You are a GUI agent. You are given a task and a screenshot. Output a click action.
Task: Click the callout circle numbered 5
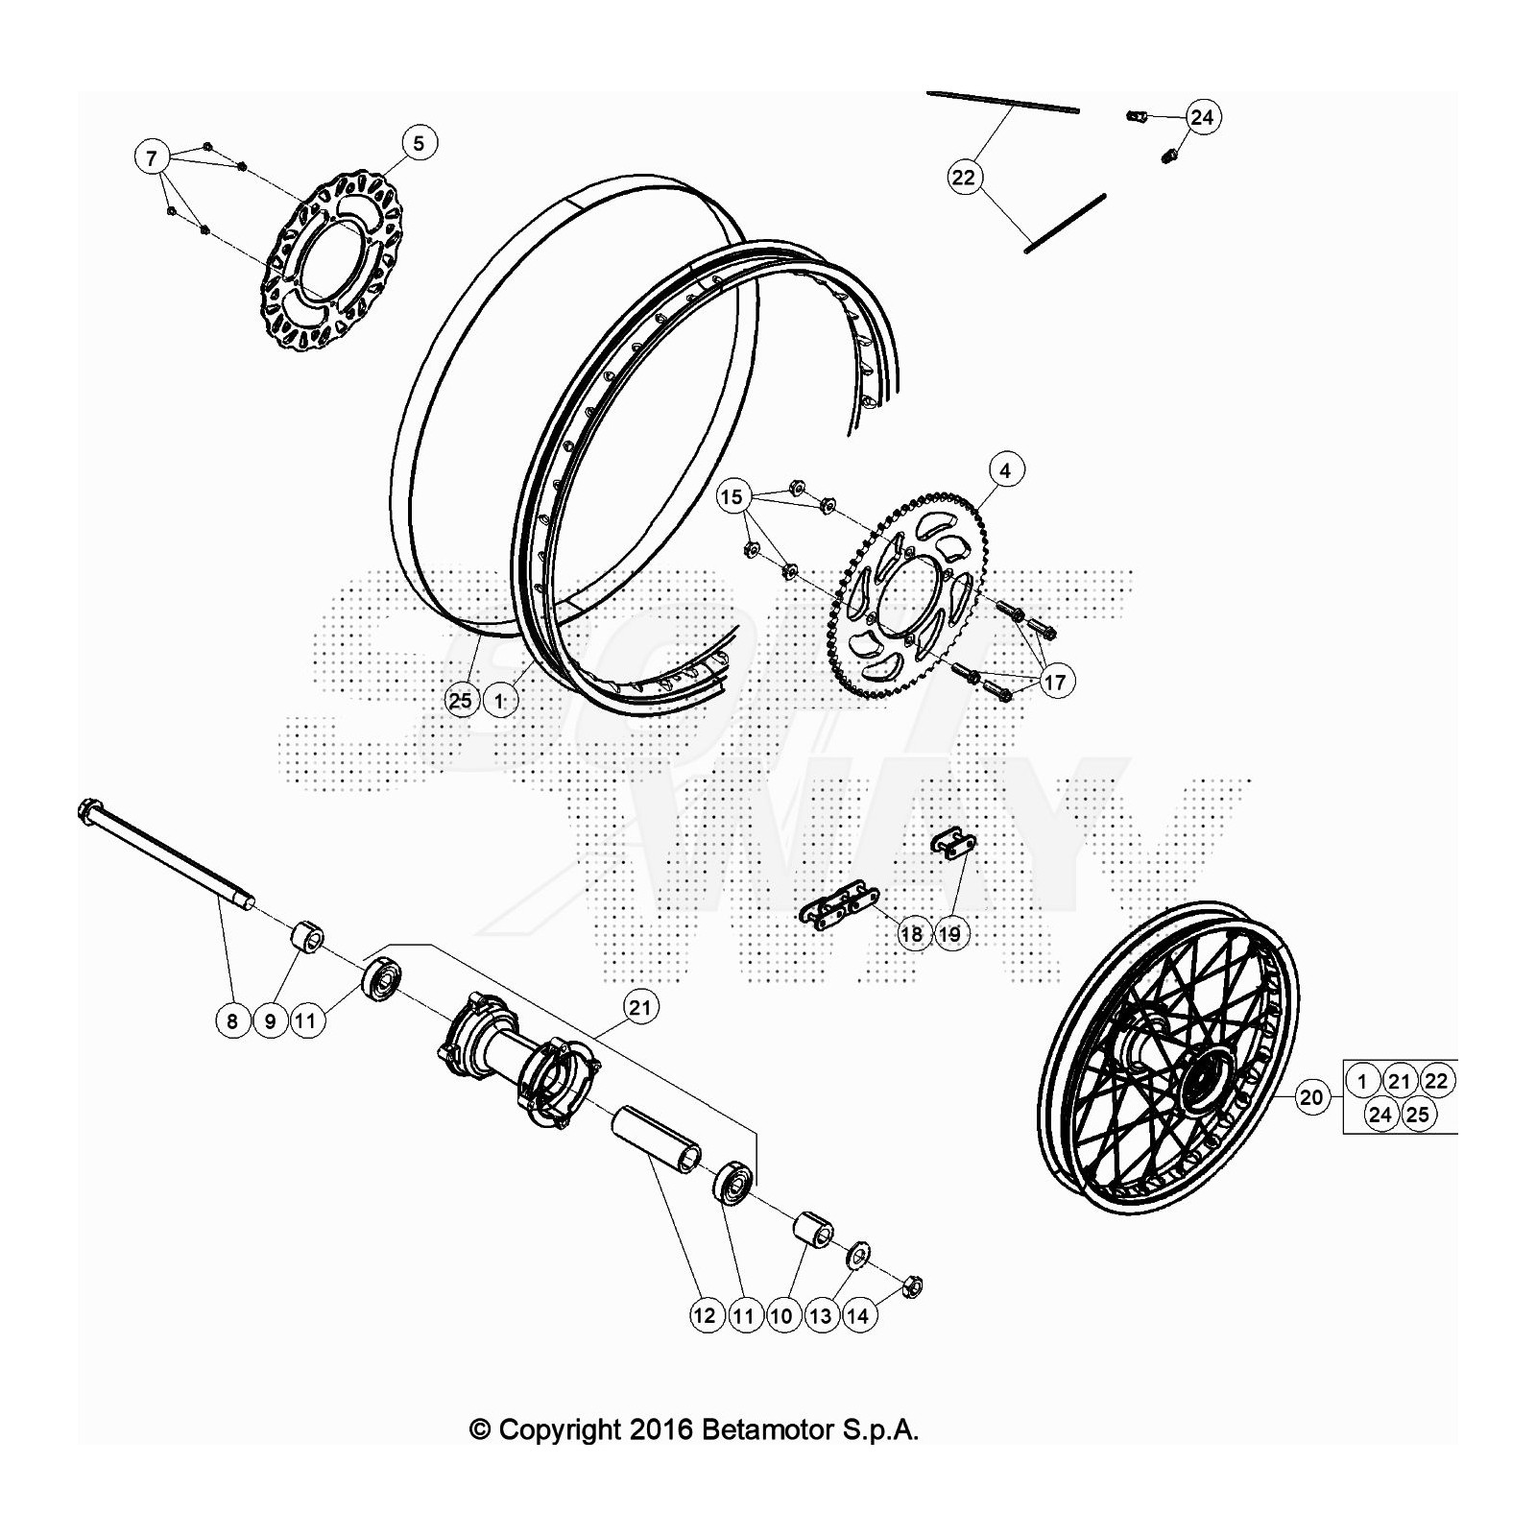point(419,143)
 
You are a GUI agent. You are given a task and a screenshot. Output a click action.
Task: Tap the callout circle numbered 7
point(152,156)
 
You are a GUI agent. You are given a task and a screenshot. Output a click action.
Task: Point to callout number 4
point(1005,470)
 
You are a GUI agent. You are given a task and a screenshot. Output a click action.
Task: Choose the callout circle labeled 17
point(1055,682)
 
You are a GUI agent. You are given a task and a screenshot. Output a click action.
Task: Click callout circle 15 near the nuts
point(732,496)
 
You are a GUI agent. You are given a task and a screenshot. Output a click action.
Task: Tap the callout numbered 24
point(1202,117)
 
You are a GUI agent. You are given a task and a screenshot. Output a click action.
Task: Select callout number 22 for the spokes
point(963,178)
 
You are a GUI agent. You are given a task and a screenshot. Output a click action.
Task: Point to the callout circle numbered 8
point(231,1020)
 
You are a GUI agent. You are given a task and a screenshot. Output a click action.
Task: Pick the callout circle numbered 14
point(858,1315)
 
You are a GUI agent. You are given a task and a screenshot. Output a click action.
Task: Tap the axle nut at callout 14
point(913,1284)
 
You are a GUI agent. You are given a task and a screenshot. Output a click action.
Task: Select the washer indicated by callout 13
point(858,1254)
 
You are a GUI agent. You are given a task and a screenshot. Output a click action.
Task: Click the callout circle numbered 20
point(1311,1096)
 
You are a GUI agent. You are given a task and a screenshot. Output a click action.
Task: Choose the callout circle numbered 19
point(949,933)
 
